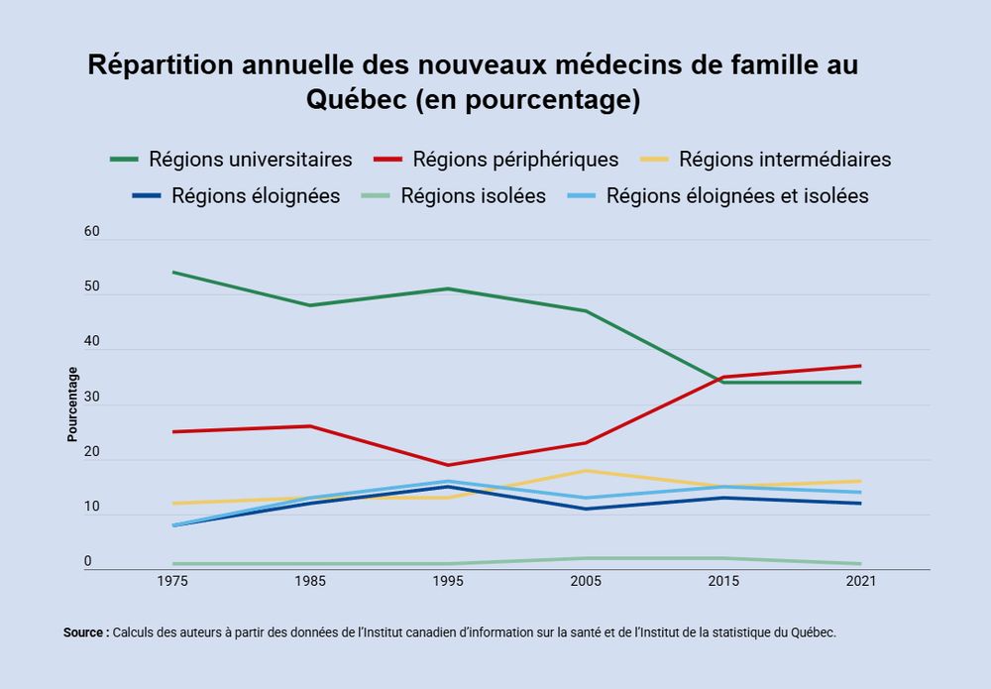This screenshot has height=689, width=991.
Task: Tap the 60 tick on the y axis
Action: pos(93,231)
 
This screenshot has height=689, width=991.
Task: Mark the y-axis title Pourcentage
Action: pos(72,404)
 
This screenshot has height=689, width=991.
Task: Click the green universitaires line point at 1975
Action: pos(172,272)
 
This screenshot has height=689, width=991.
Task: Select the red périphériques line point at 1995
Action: pos(448,465)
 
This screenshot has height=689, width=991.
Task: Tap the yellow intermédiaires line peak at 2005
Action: pos(586,470)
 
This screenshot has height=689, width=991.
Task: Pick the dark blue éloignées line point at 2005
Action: pos(586,509)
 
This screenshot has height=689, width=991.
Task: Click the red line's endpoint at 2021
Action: pos(861,366)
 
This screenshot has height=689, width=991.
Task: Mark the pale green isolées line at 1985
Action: pos(310,564)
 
